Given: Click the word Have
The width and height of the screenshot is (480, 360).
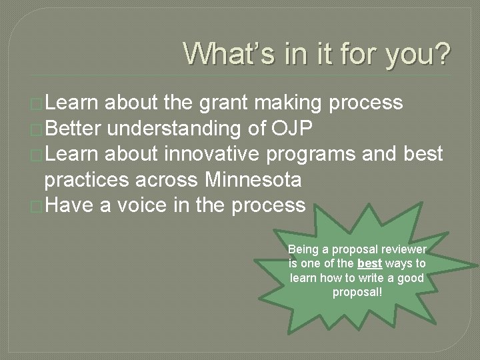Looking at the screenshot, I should point(69,205).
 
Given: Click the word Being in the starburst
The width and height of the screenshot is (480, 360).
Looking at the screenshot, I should point(301,249).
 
